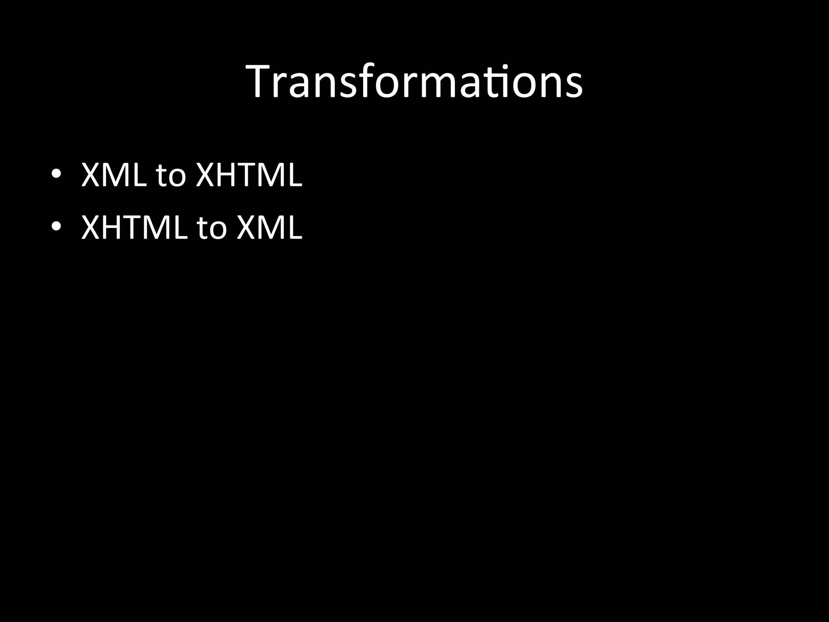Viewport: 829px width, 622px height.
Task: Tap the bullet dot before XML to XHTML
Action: tap(56, 173)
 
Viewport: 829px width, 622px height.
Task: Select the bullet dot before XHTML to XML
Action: tap(56, 225)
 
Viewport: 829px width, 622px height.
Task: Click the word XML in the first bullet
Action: tap(114, 175)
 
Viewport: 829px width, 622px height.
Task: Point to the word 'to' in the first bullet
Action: tap(170, 177)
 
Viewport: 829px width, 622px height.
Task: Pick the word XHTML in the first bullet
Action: tap(249, 175)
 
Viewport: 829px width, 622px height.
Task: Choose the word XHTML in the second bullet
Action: tap(134, 227)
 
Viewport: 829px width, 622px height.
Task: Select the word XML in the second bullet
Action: tap(269, 227)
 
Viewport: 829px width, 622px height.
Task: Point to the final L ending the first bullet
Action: tap(295, 175)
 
